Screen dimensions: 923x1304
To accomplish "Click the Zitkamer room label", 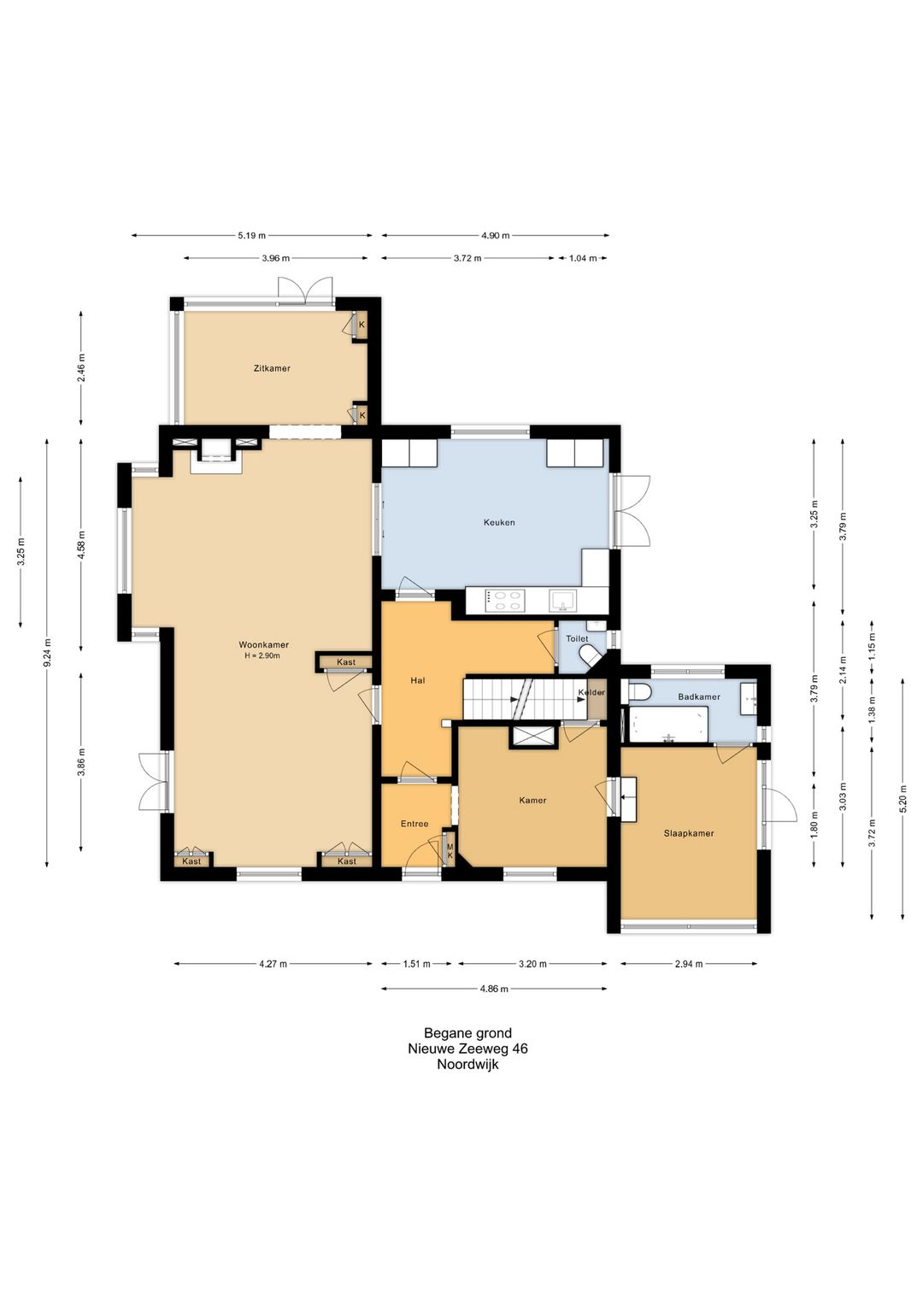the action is tap(272, 368).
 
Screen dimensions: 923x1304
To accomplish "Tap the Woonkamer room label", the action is tap(263, 645).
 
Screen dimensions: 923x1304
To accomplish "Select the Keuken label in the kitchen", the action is tap(499, 523).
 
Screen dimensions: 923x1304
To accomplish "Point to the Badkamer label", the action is tap(699, 696).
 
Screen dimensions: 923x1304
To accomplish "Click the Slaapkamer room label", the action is tap(689, 834).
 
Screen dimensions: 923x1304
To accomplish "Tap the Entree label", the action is tap(414, 824).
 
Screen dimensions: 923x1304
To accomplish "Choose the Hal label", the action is tap(417, 680).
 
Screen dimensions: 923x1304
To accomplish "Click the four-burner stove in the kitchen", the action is tap(505, 601).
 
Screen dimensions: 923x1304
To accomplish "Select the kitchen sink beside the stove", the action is tap(563, 601).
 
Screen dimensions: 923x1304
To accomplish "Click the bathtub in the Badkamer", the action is tap(668, 724).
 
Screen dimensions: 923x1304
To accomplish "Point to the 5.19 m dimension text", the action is tap(251, 236).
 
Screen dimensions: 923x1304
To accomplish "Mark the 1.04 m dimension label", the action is tap(583, 258).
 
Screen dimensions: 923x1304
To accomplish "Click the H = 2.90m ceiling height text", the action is tap(262, 656).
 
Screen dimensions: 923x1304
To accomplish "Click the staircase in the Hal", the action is tap(525, 699).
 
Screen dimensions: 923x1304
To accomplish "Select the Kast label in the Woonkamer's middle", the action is tap(346, 662).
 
